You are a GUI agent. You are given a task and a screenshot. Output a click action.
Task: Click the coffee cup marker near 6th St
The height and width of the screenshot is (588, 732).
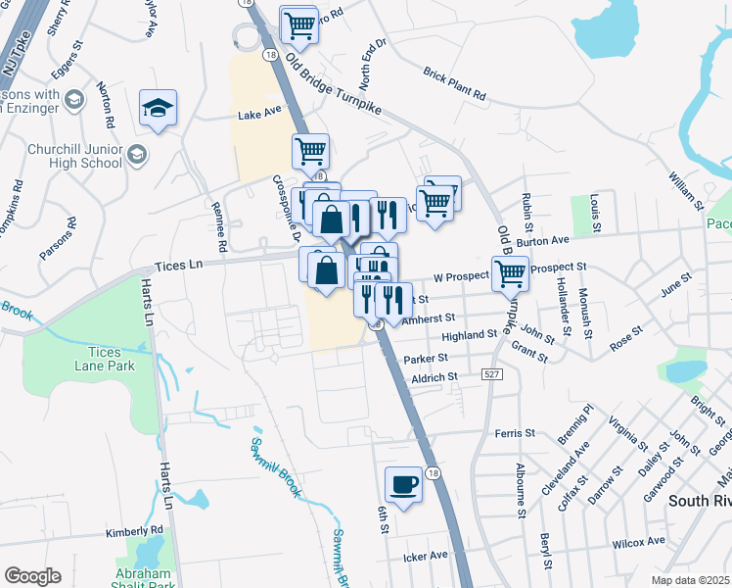(403, 482)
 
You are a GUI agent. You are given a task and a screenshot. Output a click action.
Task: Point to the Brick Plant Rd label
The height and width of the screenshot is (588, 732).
(455, 84)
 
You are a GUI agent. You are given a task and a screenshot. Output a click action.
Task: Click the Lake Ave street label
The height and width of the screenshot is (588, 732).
(259, 115)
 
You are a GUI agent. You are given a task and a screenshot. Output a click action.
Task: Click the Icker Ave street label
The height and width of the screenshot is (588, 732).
(426, 556)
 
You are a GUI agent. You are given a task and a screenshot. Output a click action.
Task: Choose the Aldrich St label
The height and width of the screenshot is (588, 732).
(435, 377)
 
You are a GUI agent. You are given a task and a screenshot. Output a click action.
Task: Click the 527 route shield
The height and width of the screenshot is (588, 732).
(491, 373)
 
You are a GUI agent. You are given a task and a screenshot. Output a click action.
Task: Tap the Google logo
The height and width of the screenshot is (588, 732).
(32, 576)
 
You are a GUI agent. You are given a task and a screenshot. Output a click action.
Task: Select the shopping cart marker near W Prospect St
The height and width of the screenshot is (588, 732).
(510, 273)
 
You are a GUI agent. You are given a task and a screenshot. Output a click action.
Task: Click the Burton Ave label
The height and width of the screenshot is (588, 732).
(543, 240)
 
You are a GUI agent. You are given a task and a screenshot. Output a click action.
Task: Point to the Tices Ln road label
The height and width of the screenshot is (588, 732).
(178, 266)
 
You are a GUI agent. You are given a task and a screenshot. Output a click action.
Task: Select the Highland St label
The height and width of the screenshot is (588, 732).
(470, 335)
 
